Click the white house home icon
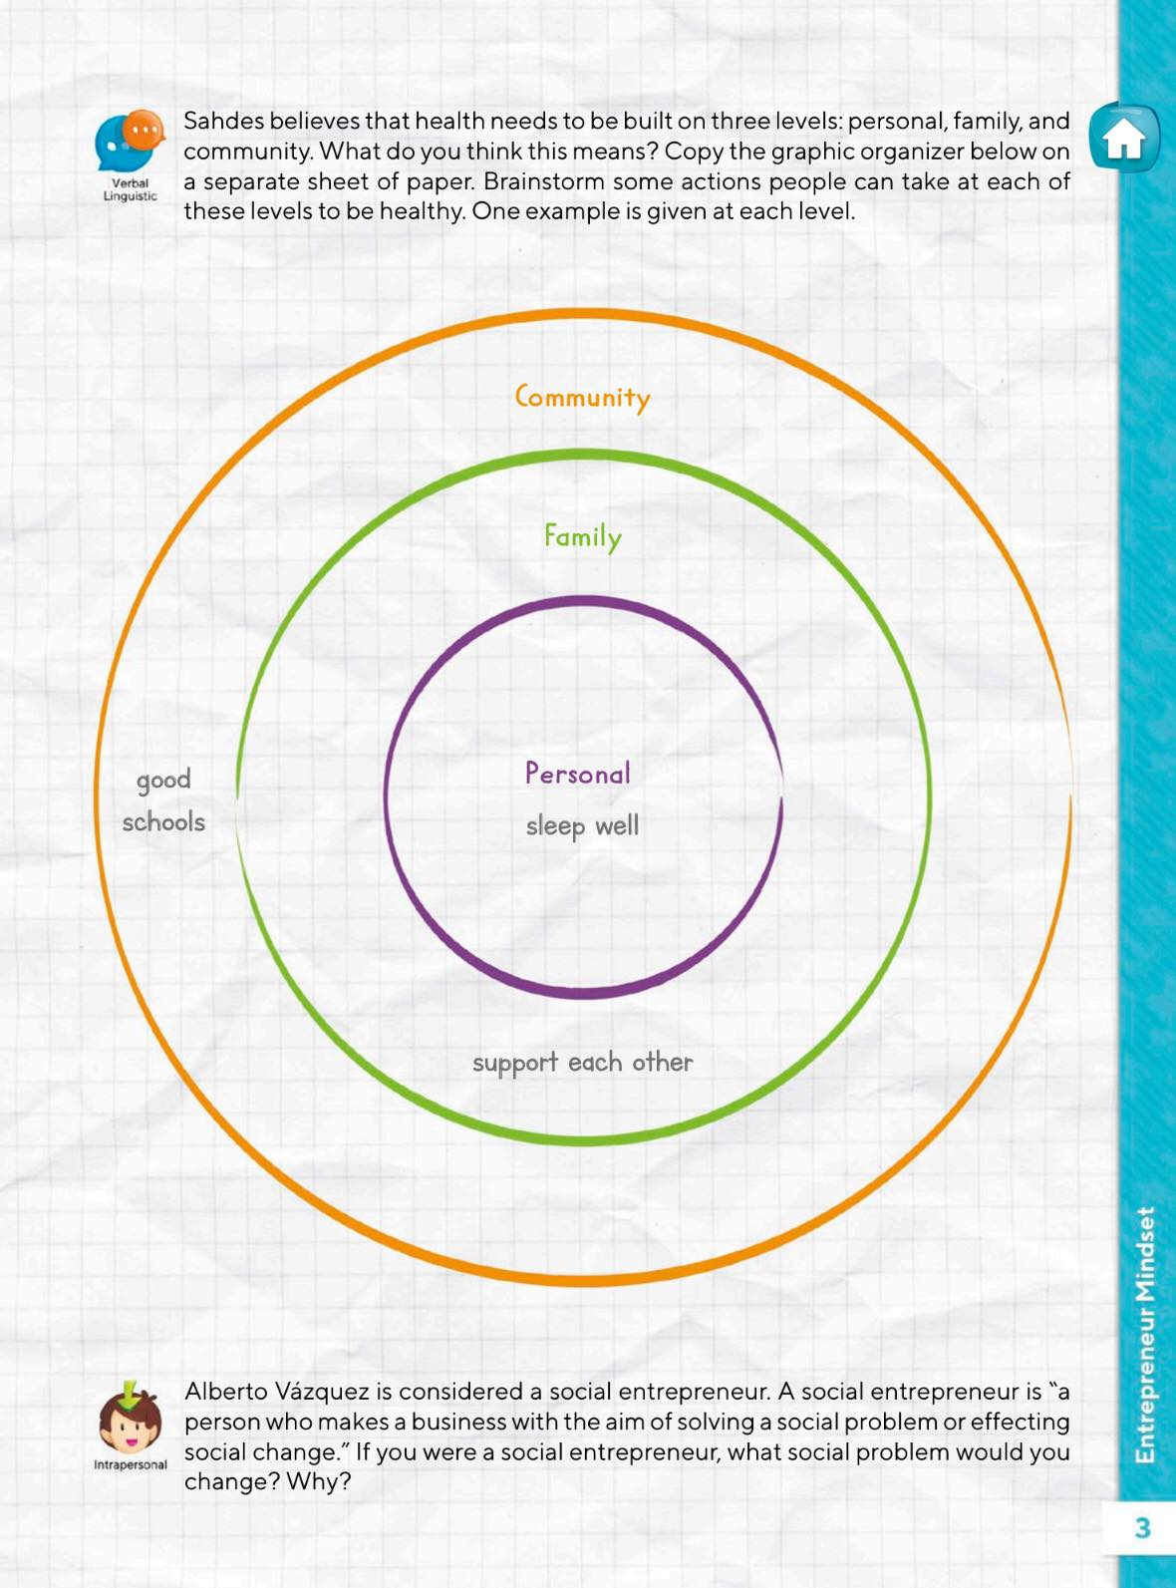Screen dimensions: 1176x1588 click(1124, 139)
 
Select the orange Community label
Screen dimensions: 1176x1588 click(582, 398)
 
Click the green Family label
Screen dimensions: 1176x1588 click(582, 537)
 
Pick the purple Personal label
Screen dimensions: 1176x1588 click(578, 774)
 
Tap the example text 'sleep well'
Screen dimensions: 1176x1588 click(582, 826)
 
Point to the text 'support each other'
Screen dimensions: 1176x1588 click(582, 1063)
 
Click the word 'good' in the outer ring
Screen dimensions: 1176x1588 click(163, 780)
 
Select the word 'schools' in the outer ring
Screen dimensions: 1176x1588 click(163, 822)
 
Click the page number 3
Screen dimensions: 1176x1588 click(1142, 1527)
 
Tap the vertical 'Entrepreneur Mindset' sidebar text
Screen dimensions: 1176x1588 click(1146, 1336)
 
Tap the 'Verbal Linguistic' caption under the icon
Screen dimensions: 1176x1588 click(130, 189)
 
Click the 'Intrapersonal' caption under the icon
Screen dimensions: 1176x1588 click(130, 1464)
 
